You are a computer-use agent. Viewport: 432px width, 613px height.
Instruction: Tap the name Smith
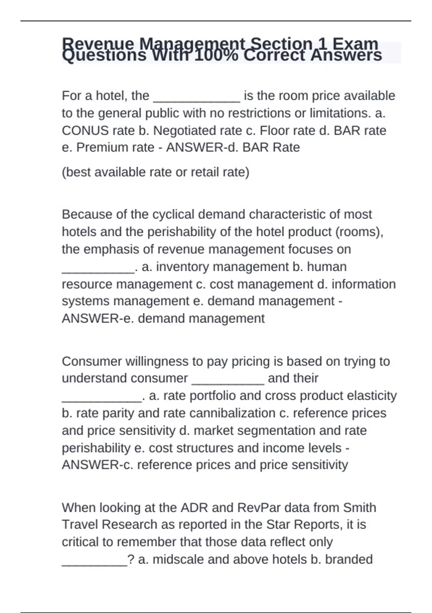point(359,508)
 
